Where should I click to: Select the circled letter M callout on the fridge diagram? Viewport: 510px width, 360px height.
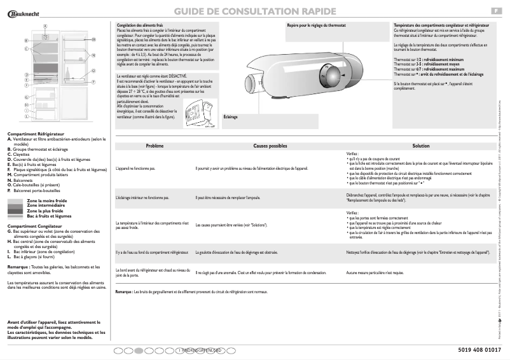click(93, 39)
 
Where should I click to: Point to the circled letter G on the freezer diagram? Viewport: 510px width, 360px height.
click(26, 75)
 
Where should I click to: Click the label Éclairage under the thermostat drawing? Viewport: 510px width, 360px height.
click(231, 116)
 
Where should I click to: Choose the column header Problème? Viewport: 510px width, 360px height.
click(155, 146)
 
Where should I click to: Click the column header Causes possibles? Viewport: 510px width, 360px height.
click(270, 146)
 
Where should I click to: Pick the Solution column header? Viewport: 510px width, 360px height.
click(420, 146)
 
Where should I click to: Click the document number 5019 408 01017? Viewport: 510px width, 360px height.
click(479, 350)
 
